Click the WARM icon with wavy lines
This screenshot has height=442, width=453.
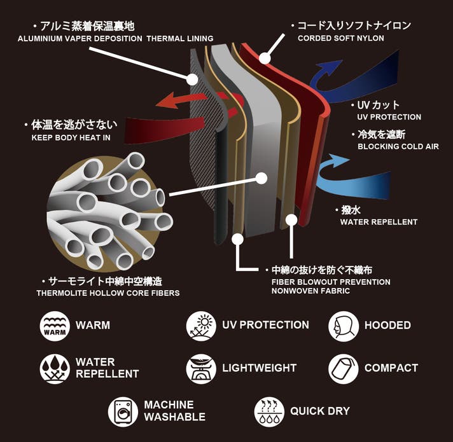pos(55,326)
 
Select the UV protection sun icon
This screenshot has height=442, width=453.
pos(201,326)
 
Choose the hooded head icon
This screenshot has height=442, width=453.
pos(344,326)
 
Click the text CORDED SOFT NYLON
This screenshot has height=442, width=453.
pos(341,38)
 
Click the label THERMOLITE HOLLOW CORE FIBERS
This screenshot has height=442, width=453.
pos(108,293)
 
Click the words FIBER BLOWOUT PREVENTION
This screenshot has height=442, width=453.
pos(330,282)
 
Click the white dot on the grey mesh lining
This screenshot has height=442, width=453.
pos(193,79)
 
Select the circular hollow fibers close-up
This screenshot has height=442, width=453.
pos(108,210)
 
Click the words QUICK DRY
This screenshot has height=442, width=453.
pos(320,411)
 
